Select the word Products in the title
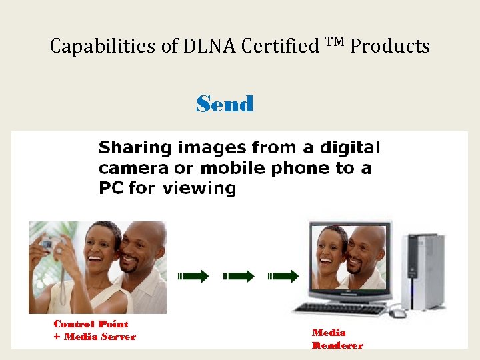coord(390,47)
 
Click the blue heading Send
coord(225,105)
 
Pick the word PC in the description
coord(111,188)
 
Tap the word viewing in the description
coord(198,189)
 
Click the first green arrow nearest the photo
coord(193,276)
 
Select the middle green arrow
coord(239,276)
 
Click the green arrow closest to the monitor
coord(283,276)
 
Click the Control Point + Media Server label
coord(94,330)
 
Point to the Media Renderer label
coord(337,339)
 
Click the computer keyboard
coord(339,309)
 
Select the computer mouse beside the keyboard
coord(398,312)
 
